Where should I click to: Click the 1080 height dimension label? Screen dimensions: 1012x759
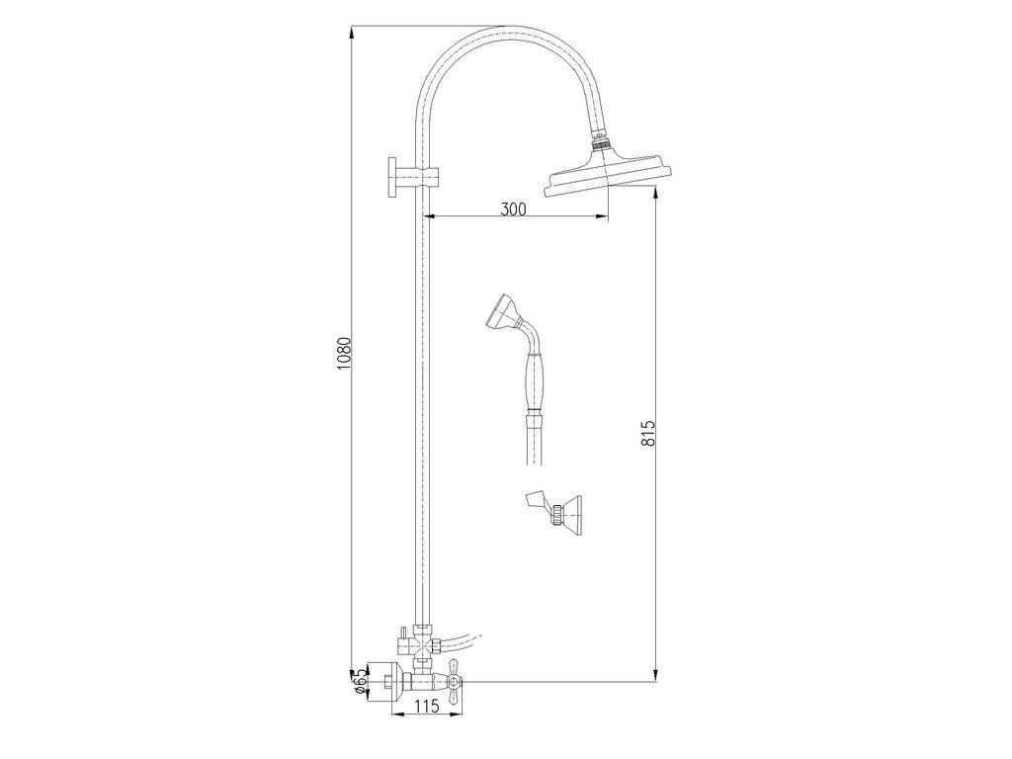point(343,353)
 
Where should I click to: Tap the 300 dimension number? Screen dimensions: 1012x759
point(513,209)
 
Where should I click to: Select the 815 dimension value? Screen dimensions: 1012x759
point(648,433)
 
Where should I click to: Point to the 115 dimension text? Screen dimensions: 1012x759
point(426,706)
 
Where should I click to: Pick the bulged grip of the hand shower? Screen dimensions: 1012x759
point(535,380)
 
